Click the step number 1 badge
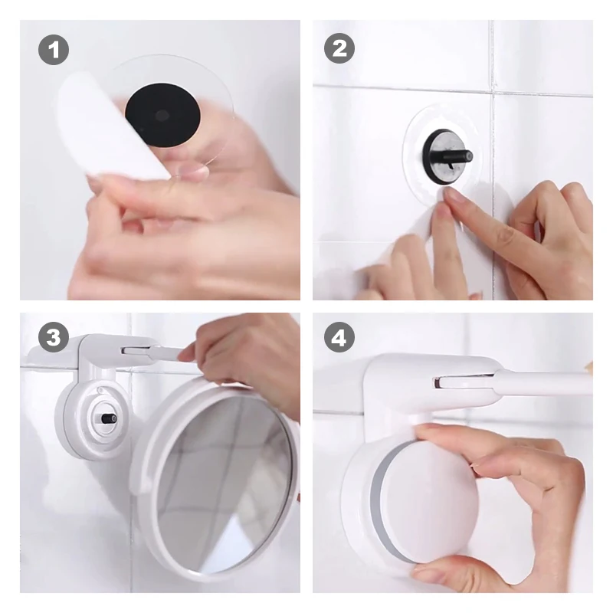(54, 50)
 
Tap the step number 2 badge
(339, 48)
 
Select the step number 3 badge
(54, 337)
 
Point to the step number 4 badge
(339, 337)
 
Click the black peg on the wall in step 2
(449, 156)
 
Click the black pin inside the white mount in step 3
(109, 418)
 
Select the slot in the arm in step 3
(136, 350)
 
